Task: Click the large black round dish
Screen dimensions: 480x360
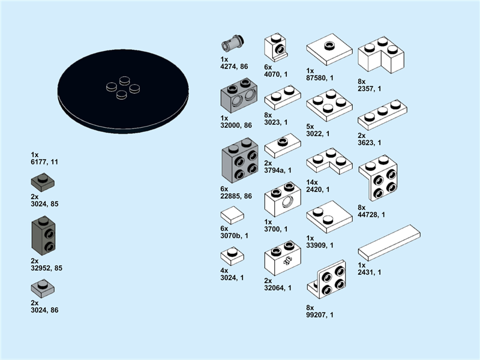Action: click(x=123, y=91)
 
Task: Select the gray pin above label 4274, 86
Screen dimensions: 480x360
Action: click(x=233, y=43)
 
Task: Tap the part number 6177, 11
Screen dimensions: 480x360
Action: click(x=44, y=162)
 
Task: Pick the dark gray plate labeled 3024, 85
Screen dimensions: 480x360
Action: click(x=43, y=182)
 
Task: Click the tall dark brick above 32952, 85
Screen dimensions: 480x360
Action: click(x=43, y=235)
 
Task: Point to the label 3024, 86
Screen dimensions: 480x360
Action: click(x=44, y=310)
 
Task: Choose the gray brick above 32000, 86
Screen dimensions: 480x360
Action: click(x=239, y=95)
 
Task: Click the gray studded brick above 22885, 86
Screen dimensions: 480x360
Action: click(x=240, y=160)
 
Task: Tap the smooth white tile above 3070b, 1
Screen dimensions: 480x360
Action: click(x=232, y=215)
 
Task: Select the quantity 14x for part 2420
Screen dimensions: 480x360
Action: click(x=312, y=182)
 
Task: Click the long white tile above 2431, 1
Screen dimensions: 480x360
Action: click(x=389, y=243)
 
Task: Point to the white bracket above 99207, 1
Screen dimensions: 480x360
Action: click(x=326, y=280)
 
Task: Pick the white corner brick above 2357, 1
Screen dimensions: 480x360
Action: click(x=381, y=55)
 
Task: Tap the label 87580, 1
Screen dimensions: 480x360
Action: click(x=320, y=78)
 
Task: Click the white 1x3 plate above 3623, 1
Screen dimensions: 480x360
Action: click(x=382, y=115)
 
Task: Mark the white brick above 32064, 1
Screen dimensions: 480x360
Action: click(x=283, y=258)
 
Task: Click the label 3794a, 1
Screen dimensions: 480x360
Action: click(x=278, y=170)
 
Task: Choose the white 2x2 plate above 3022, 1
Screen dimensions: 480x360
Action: click(x=329, y=106)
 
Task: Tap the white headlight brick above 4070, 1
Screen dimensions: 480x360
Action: click(x=275, y=48)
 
